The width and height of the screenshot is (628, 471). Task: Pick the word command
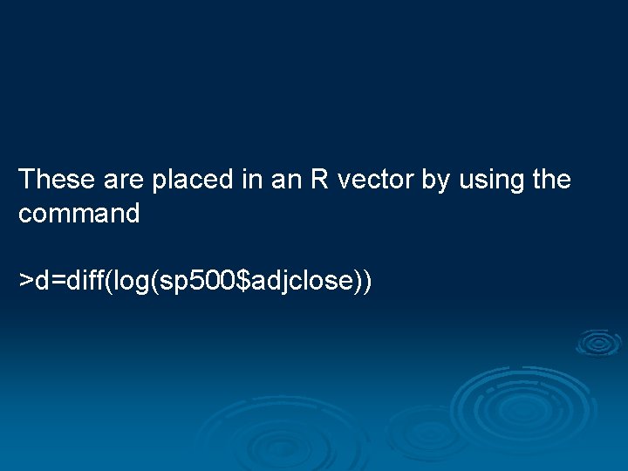[78, 214]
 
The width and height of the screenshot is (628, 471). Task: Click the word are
[125, 180]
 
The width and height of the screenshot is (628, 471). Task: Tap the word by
[435, 181]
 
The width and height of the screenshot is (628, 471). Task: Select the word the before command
[551, 180]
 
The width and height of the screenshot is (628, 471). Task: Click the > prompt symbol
[26, 281]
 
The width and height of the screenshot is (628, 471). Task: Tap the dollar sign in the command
[242, 281]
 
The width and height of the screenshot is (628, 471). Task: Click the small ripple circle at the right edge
[598, 343]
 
